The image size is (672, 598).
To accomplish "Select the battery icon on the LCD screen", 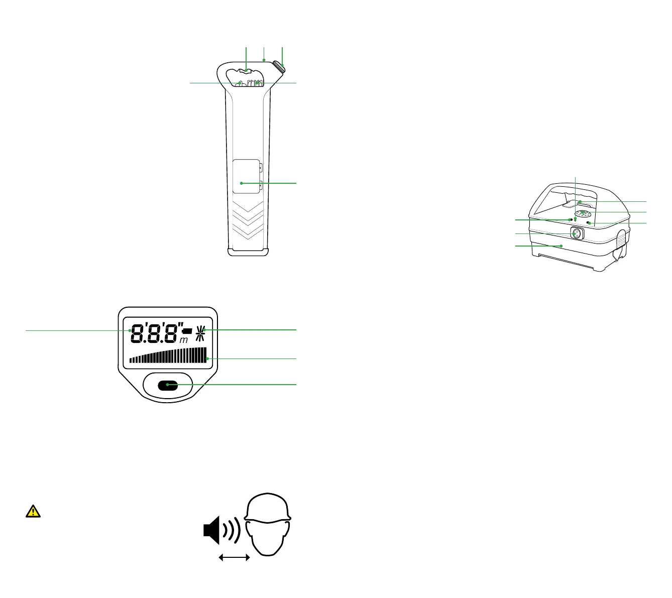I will pyautogui.click(x=187, y=331).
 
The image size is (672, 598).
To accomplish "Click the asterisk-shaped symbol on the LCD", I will pyautogui.click(x=201, y=332).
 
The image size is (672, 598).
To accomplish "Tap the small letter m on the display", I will pyautogui.click(x=184, y=340).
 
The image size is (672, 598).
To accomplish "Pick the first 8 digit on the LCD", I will pyautogui.click(x=137, y=334).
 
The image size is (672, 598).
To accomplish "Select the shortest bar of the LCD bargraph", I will pyautogui.click(x=131, y=360).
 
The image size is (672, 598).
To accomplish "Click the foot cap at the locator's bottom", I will pyautogui.click(x=248, y=252).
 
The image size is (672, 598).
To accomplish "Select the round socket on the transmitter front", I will pyautogui.click(x=577, y=234).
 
